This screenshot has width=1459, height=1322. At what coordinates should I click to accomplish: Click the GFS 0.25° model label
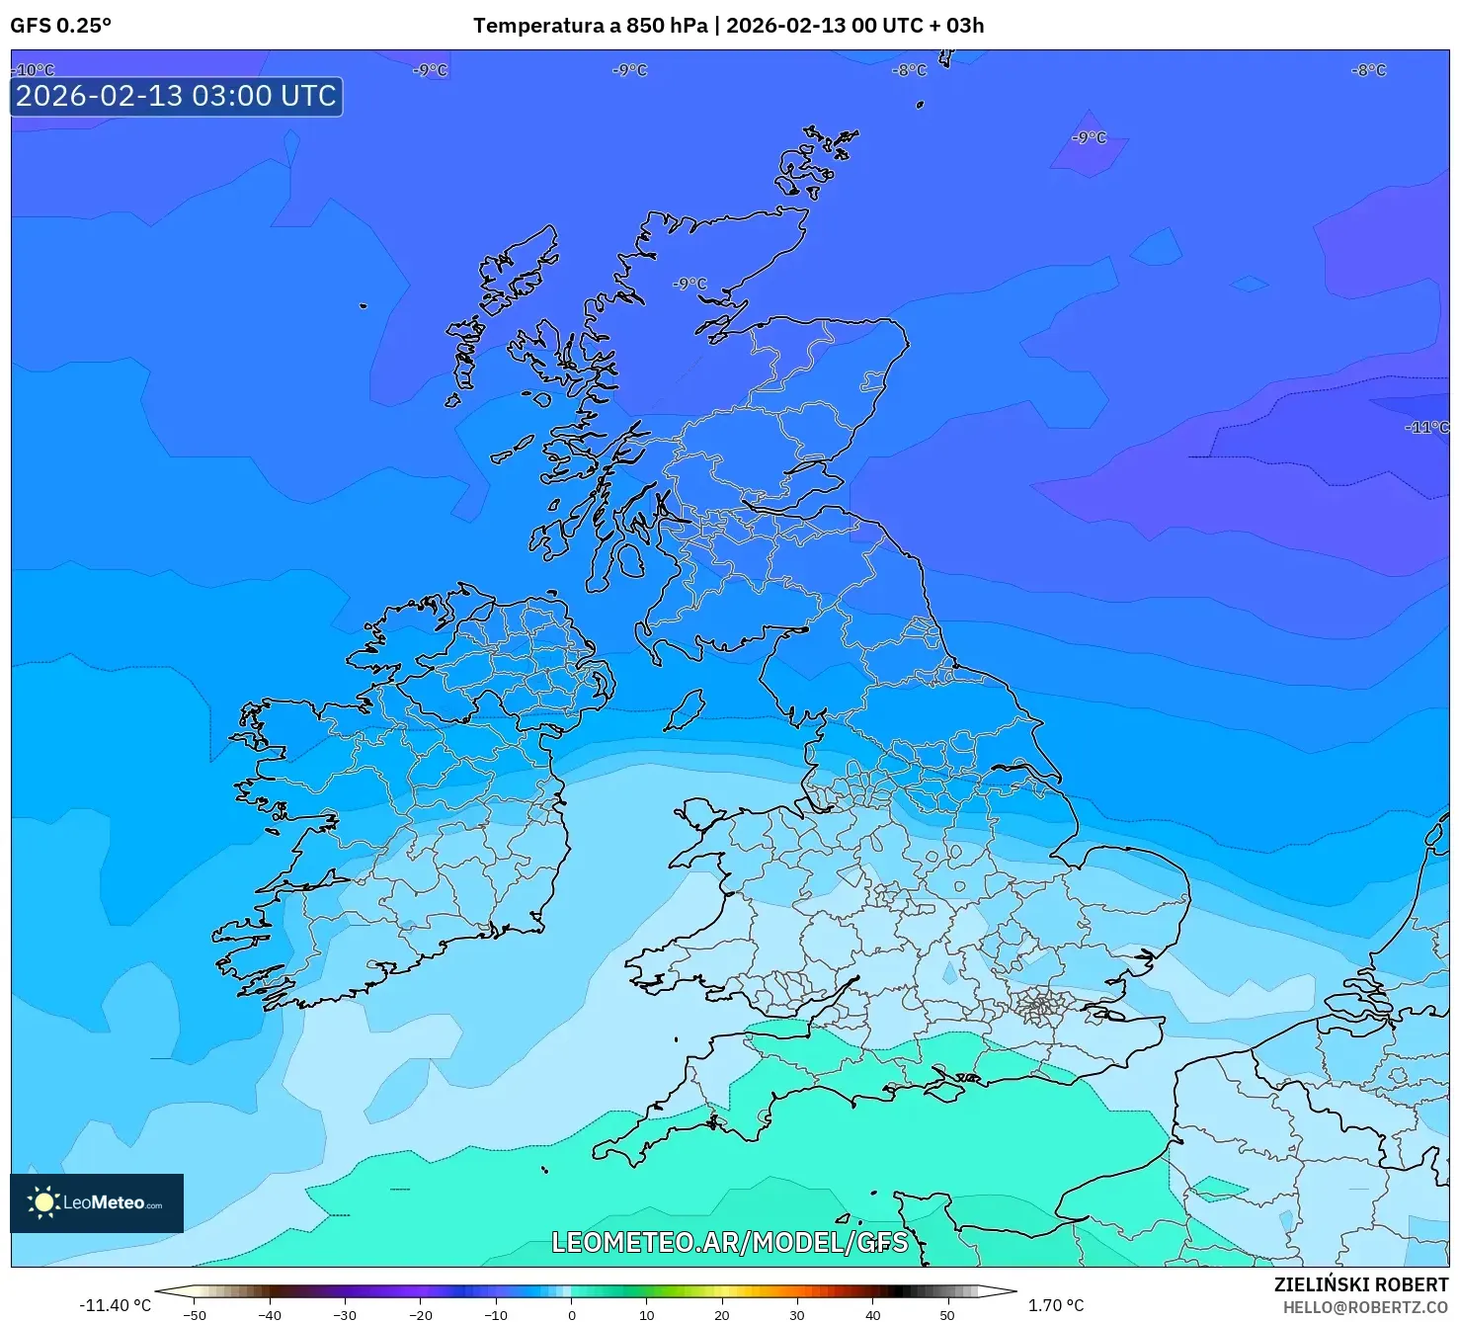tap(60, 26)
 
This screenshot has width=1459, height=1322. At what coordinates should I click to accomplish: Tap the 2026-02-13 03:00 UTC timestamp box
tap(177, 97)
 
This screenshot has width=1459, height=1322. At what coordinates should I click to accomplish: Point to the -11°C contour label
tap(1426, 427)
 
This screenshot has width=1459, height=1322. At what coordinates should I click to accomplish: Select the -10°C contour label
tap(34, 70)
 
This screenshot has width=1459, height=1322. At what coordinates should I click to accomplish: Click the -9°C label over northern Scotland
tap(689, 284)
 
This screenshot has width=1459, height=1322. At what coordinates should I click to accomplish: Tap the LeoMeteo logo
tap(97, 1202)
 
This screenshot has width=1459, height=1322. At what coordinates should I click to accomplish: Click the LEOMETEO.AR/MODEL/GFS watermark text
tap(729, 1242)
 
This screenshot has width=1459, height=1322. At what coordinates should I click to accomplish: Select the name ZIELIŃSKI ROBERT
tap(1360, 1284)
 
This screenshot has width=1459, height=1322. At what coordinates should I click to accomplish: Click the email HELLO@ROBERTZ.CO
tap(1364, 1307)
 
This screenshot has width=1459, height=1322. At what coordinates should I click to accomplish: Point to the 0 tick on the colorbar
tap(571, 1314)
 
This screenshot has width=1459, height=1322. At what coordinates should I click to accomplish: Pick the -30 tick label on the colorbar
tap(345, 1314)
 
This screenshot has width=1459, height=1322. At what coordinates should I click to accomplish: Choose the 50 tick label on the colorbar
tap(947, 1314)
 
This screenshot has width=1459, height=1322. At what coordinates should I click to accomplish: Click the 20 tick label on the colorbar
tap(722, 1314)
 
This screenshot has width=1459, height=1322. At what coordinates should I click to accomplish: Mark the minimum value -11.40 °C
tap(116, 1305)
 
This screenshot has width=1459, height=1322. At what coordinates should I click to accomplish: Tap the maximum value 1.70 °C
tap(1055, 1305)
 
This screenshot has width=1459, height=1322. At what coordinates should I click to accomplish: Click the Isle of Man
tap(685, 709)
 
